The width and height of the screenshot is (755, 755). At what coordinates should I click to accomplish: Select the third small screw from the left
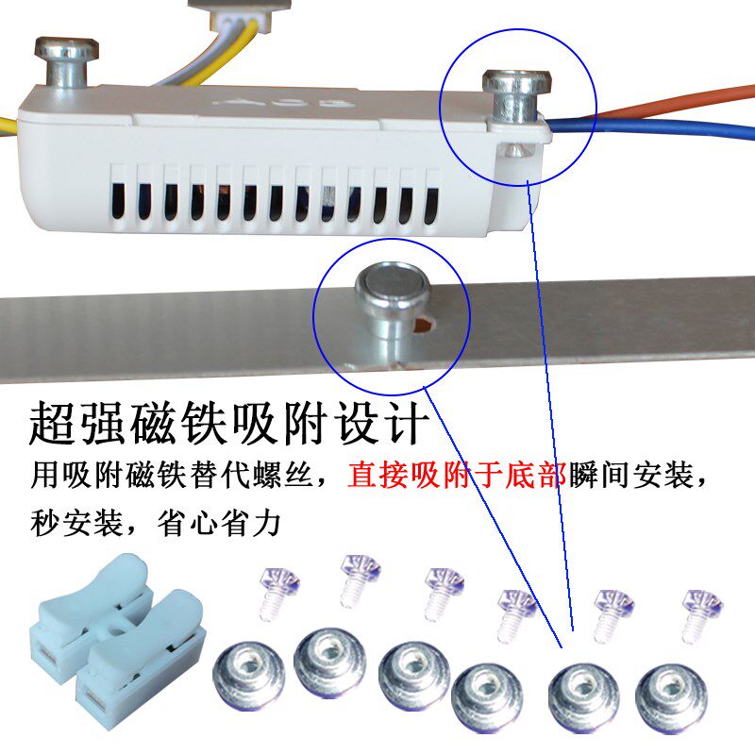point(440,591)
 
